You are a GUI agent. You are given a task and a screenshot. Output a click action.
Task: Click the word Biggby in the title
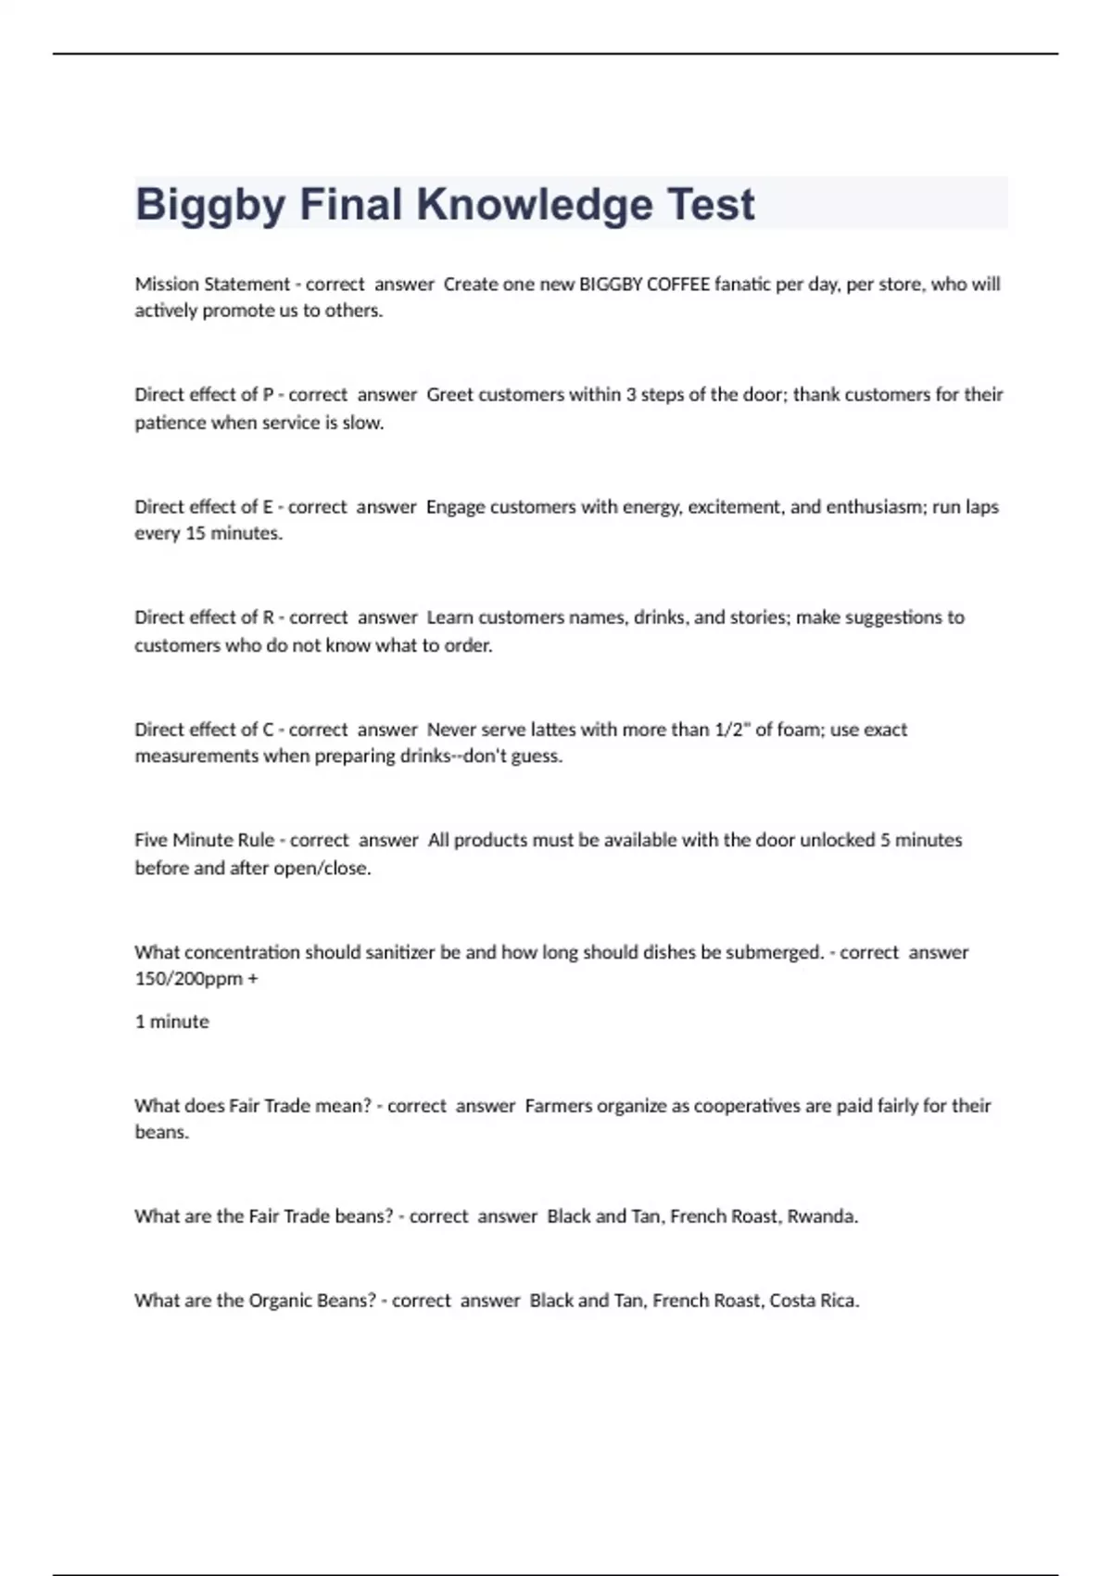[x=210, y=205]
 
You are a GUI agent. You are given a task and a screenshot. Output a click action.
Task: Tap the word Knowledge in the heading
[x=534, y=205]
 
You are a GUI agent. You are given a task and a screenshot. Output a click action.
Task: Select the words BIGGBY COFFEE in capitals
[x=644, y=285]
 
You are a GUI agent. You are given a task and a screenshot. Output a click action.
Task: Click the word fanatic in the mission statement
[x=743, y=285]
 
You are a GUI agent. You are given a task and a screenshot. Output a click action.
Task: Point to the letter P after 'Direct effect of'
[x=268, y=395]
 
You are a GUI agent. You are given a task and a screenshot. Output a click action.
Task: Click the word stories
[x=757, y=617]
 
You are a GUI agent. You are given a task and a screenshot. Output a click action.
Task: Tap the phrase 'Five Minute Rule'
[x=204, y=840]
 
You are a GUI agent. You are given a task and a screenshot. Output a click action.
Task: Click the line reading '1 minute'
[x=172, y=1022]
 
